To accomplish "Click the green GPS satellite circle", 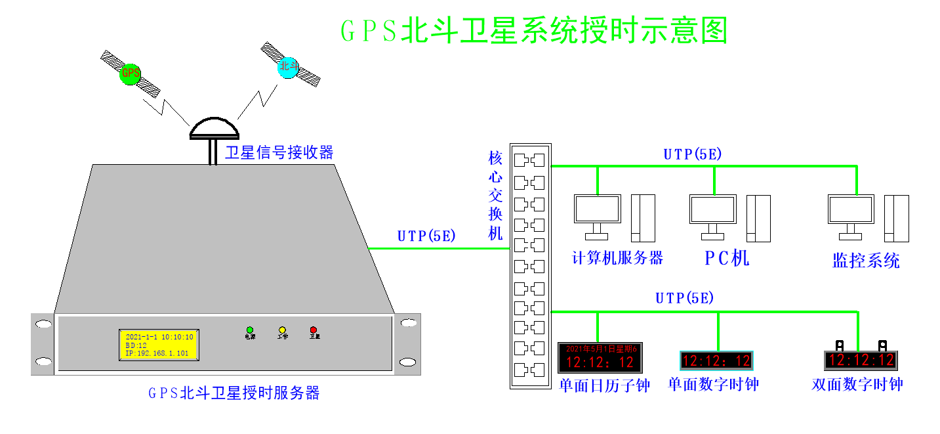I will (x=131, y=73).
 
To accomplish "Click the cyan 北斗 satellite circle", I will (x=287, y=67).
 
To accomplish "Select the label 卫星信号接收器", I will (x=279, y=153).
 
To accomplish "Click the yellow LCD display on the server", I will (x=158, y=345).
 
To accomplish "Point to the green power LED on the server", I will (x=250, y=330).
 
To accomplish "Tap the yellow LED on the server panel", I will (x=282, y=330).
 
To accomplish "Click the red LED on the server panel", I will (x=314, y=330).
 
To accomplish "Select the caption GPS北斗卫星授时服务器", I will (x=234, y=393).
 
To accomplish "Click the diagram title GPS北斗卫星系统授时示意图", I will (x=534, y=31).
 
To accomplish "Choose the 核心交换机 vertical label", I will (x=495, y=196).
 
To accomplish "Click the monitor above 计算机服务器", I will (x=597, y=209).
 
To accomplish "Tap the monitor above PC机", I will (x=713, y=209).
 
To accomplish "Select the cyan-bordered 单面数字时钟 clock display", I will (x=716, y=360).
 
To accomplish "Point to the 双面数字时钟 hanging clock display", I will (x=861, y=360).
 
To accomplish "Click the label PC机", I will (x=727, y=258).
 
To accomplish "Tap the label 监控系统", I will (x=866, y=261).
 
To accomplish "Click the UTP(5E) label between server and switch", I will (x=426, y=236).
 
